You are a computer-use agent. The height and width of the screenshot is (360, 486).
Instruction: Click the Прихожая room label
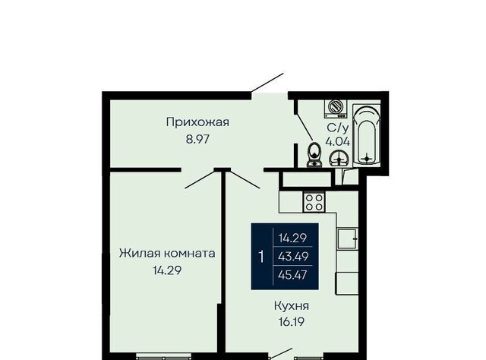[x=197, y=122]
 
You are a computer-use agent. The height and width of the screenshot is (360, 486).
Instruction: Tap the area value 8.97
[x=197, y=139]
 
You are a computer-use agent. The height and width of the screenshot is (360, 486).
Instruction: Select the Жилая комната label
[x=167, y=254]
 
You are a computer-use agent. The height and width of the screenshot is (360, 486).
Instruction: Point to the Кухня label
[x=292, y=306]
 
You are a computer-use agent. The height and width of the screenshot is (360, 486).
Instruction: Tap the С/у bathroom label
[x=338, y=128]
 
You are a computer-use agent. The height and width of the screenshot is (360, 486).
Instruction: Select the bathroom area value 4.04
[x=337, y=142]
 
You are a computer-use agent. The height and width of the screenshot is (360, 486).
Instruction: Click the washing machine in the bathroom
[x=336, y=109]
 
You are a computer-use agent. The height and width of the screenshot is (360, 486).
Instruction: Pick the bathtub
[x=367, y=135]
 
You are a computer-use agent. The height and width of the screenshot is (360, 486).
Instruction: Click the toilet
[x=314, y=154]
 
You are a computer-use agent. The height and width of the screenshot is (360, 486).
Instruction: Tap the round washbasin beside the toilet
[x=339, y=158]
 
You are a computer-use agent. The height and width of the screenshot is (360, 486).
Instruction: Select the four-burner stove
[x=314, y=202]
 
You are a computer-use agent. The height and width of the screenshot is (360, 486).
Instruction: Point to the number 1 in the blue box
[x=261, y=257]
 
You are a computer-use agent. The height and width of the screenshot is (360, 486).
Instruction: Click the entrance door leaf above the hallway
[x=267, y=83]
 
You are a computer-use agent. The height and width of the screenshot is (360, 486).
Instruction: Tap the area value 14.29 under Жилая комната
[x=167, y=270]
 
